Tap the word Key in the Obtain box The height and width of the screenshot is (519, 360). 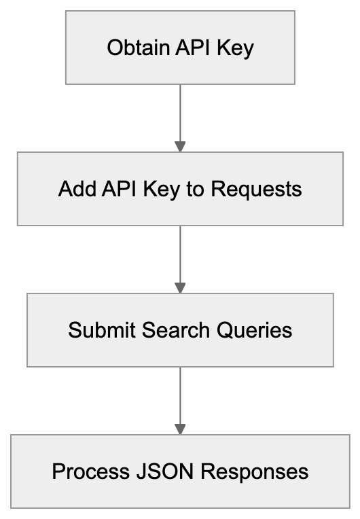tap(235, 48)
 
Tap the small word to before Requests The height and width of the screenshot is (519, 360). tap(196, 189)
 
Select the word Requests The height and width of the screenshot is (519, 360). tap(256, 189)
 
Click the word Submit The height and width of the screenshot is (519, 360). tap(102, 331)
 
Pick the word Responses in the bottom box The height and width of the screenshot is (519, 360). tap(247, 471)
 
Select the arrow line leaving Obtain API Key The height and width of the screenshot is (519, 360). tap(180, 112)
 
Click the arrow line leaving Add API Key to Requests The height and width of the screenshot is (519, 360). tap(180, 253)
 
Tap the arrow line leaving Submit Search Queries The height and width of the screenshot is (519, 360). tap(180, 395)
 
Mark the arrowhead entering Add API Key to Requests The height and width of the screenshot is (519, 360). tap(180, 146)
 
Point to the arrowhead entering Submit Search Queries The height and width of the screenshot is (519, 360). tap(180, 287)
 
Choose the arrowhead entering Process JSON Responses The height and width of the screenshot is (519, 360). tap(180, 429)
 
